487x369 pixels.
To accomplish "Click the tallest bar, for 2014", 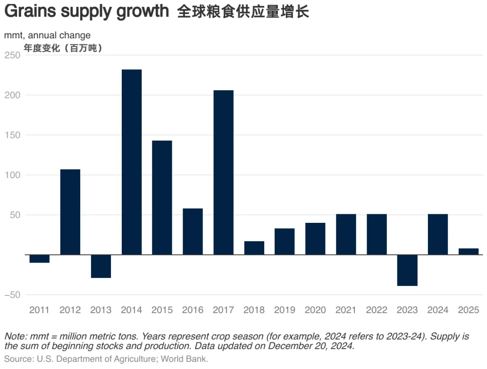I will [x=132, y=162].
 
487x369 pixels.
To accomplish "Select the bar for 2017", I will [x=224, y=172].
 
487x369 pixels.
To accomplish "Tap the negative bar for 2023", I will [x=407, y=270].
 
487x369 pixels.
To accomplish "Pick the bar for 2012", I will [x=70, y=212].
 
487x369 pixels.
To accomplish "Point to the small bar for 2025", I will [x=469, y=252].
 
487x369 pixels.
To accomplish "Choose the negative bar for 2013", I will [x=101, y=266].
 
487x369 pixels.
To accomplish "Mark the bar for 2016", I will [x=193, y=231].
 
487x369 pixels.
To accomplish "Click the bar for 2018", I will [x=254, y=248].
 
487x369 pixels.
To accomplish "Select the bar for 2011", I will [x=40, y=258].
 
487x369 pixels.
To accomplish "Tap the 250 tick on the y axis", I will [x=12, y=55].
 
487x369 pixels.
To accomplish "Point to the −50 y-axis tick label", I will [x=12, y=295].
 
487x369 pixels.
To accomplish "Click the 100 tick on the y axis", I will [x=12, y=175].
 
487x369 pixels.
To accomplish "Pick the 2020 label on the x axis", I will [x=315, y=310].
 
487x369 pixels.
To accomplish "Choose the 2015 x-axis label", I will [x=162, y=310].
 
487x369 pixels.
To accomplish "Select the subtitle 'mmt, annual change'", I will [x=47, y=35].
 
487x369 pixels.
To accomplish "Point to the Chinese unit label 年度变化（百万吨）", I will [x=63, y=48].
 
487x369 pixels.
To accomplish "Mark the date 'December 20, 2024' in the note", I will [x=312, y=346].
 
